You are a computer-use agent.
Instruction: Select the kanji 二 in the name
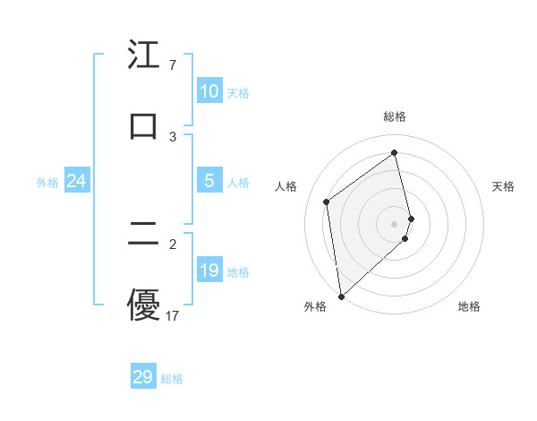(x=143, y=235)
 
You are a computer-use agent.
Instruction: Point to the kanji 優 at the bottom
(x=143, y=305)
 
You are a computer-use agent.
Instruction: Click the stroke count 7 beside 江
(x=172, y=65)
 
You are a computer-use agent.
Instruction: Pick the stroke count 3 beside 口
(x=173, y=136)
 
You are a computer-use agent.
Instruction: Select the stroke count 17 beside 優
(x=173, y=316)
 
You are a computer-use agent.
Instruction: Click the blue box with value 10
(x=209, y=91)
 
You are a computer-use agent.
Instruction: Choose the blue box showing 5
(x=209, y=181)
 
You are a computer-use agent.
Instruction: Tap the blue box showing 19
(x=209, y=271)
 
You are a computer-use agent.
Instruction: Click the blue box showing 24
(x=76, y=181)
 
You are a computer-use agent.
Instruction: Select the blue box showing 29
(x=143, y=377)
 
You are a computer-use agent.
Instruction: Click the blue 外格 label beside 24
(x=47, y=183)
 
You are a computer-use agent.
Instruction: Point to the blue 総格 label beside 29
(x=172, y=379)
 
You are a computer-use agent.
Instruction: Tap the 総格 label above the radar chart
(x=395, y=116)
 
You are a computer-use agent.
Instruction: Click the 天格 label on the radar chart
(x=504, y=186)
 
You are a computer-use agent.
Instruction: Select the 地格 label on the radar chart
(x=469, y=306)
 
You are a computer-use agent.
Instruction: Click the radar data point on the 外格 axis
(x=340, y=296)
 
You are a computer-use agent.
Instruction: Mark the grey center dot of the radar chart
(x=395, y=222)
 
